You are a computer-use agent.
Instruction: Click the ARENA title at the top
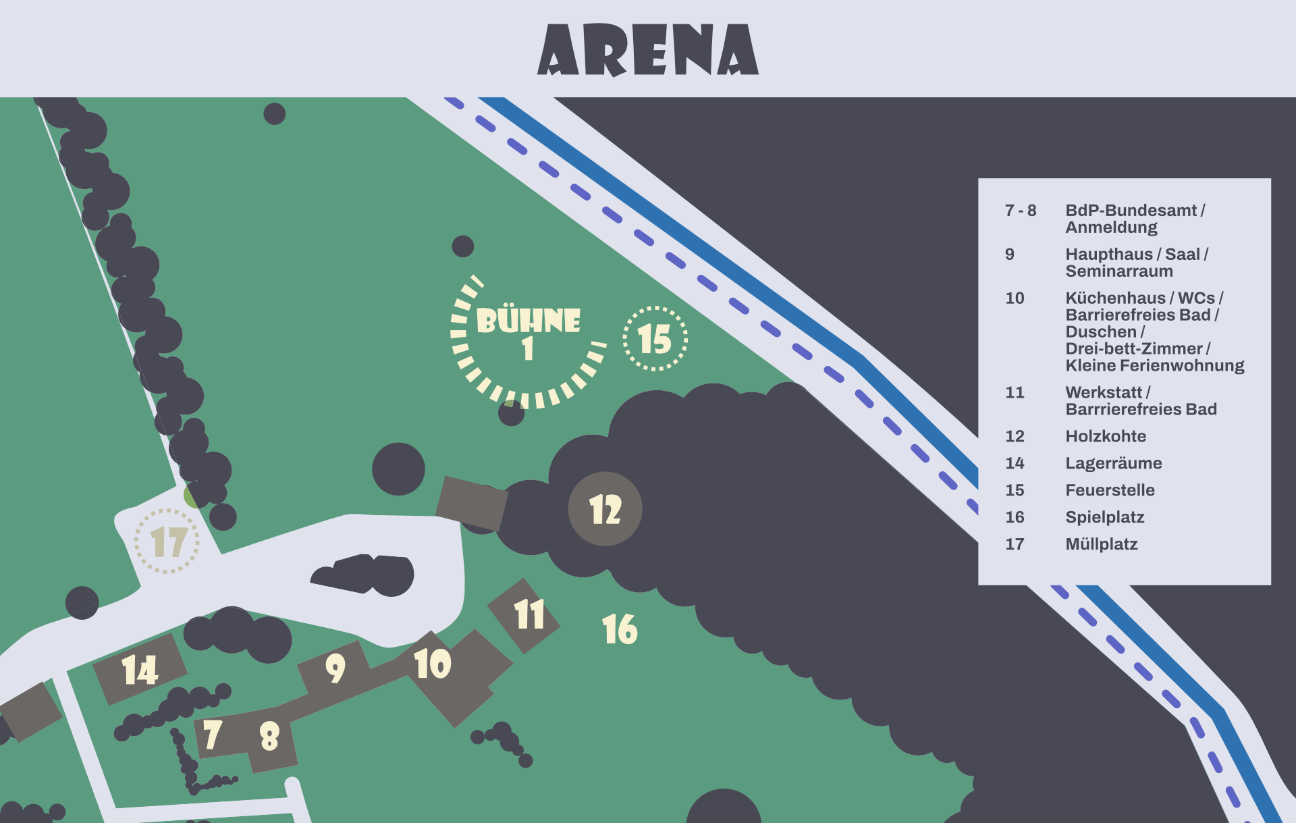(x=648, y=49)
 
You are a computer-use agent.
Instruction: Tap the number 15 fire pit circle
(x=655, y=338)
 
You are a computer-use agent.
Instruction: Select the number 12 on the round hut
(x=605, y=509)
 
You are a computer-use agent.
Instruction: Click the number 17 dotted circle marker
(x=167, y=541)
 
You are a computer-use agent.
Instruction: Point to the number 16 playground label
(x=619, y=629)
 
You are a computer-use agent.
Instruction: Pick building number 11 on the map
(x=528, y=615)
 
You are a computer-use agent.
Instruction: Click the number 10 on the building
(x=432, y=664)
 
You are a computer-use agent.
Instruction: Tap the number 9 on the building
(x=335, y=668)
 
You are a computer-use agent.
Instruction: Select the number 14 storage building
(x=140, y=670)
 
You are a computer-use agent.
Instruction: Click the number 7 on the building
(x=212, y=735)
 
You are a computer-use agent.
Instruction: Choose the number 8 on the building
(x=269, y=736)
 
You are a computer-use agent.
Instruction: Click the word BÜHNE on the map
(x=528, y=321)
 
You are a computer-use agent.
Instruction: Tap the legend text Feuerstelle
(x=1110, y=490)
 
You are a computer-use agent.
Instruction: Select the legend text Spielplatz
(x=1104, y=517)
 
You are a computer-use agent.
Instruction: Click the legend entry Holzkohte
(x=1105, y=436)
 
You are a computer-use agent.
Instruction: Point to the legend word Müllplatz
(x=1101, y=544)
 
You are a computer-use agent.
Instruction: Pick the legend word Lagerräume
(x=1113, y=463)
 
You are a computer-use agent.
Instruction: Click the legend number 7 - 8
(x=1020, y=211)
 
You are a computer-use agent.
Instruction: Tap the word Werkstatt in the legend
(x=1103, y=392)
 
